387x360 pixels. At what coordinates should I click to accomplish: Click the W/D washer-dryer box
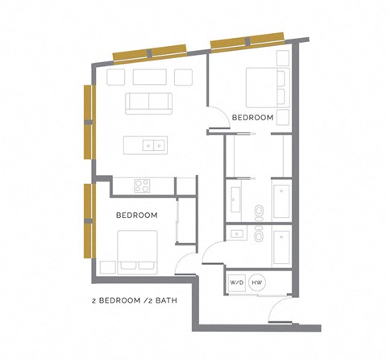pyautogui.click(x=236, y=283)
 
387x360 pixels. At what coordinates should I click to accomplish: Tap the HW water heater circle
pyautogui.click(x=257, y=283)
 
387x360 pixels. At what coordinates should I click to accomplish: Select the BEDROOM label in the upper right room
pyautogui.click(x=252, y=118)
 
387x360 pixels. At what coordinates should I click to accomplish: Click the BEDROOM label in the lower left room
pyautogui.click(x=136, y=216)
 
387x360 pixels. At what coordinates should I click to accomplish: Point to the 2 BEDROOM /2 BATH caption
pyautogui.click(x=134, y=303)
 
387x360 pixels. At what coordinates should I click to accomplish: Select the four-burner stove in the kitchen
pyautogui.click(x=143, y=186)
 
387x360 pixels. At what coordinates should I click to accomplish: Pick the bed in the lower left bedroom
pyautogui.click(x=137, y=251)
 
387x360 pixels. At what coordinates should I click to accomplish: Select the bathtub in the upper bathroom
pyautogui.click(x=281, y=202)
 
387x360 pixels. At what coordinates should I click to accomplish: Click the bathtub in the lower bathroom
pyautogui.click(x=281, y=249)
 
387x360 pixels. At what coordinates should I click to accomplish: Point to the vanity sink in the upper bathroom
pyautogui.click(x=236, y=196)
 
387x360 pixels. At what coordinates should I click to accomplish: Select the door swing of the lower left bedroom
pyautogui.click(x=185, y=262)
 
